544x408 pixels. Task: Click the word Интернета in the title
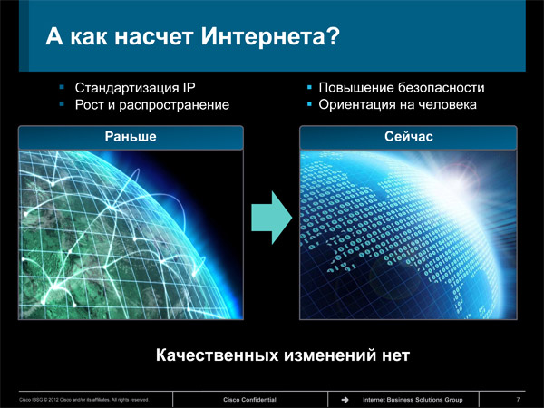click(263, 36)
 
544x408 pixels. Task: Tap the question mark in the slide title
click(333, 36)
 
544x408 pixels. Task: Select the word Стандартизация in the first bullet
click(127, 88)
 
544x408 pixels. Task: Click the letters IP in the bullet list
click(189, 87)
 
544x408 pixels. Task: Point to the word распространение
click(174, 105)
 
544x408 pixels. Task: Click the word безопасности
click(441, 88)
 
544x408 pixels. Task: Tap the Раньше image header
click(131, 137)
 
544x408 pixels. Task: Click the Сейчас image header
click(408, 137)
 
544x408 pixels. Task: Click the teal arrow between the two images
click(271, 218)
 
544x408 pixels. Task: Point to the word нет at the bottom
click(396, 355)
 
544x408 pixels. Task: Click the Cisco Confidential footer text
click(249, 400)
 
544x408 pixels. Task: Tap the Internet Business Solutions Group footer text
click(413, 400)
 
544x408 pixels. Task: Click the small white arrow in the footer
click(345, 400)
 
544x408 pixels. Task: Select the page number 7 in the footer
click(518, 400)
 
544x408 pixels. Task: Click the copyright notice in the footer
click(83, 400)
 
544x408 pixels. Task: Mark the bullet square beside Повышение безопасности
click(309, 87)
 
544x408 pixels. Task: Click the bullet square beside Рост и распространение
click(62, 104)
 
